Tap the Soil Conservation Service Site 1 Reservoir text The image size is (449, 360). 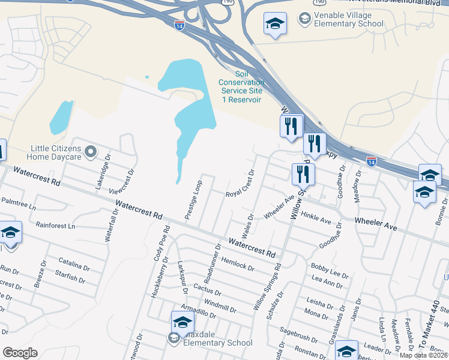click(x=241, y=86)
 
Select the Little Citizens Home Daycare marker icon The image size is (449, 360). click(x=91, y=151)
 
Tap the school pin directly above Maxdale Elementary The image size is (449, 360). click(x=182, y=322)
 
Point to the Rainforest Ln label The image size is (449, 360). click(x=55, y=226)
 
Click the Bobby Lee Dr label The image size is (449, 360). click(x=330, y=270)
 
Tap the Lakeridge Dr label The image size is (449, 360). click(x=102, y=171)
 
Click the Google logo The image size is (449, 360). click(x=20, y=353)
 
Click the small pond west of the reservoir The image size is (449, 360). click(x=61, y=118)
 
